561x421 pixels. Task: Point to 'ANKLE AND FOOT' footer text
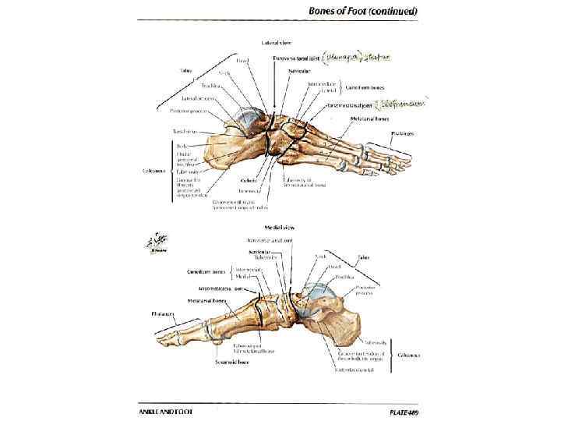click(x=166, y=410)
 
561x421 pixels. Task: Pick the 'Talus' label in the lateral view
click(x=185, y=70)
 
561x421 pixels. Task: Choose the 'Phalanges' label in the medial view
click(x=164, y=313)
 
